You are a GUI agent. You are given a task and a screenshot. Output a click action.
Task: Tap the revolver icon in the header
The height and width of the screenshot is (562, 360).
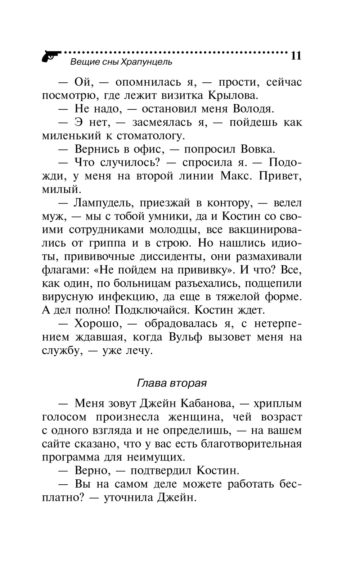pos(51,56)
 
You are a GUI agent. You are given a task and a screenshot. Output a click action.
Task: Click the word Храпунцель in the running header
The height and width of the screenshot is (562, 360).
pos(150,62)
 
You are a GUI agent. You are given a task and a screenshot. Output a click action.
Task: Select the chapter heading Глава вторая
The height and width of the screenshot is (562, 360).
pos(172,383)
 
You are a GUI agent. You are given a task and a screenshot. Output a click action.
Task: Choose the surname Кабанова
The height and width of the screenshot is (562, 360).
pos(206,403)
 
